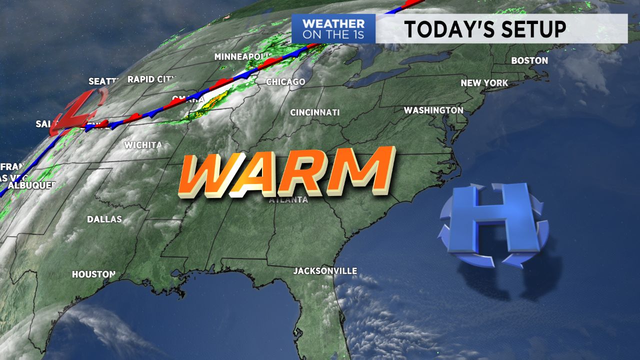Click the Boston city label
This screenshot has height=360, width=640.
[529, 60]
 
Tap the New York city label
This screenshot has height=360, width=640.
[484, 83]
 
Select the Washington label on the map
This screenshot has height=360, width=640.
[433, 110]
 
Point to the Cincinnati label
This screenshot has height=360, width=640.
[315, 112]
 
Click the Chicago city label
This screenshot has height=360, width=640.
[285, 81]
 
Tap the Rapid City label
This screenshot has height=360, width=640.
[152, 79]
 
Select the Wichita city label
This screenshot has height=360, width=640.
[143, 145]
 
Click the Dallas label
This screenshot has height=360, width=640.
[104, 219]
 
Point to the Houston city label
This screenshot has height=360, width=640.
[93, 274]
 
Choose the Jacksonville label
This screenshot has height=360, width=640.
[325, 271]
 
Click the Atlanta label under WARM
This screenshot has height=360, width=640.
[288, 200]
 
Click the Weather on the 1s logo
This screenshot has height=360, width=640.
[333, 29]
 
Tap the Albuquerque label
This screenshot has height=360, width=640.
[31, 185]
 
